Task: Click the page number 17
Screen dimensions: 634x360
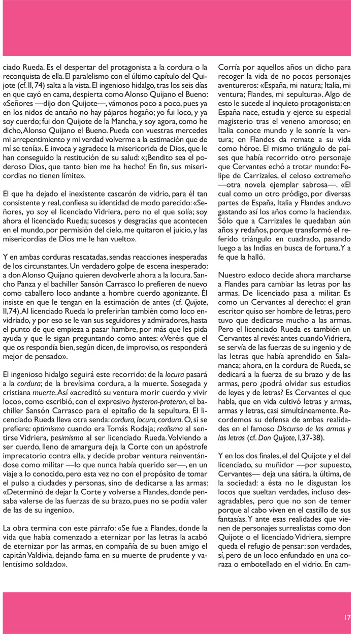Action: pos(347,617)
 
